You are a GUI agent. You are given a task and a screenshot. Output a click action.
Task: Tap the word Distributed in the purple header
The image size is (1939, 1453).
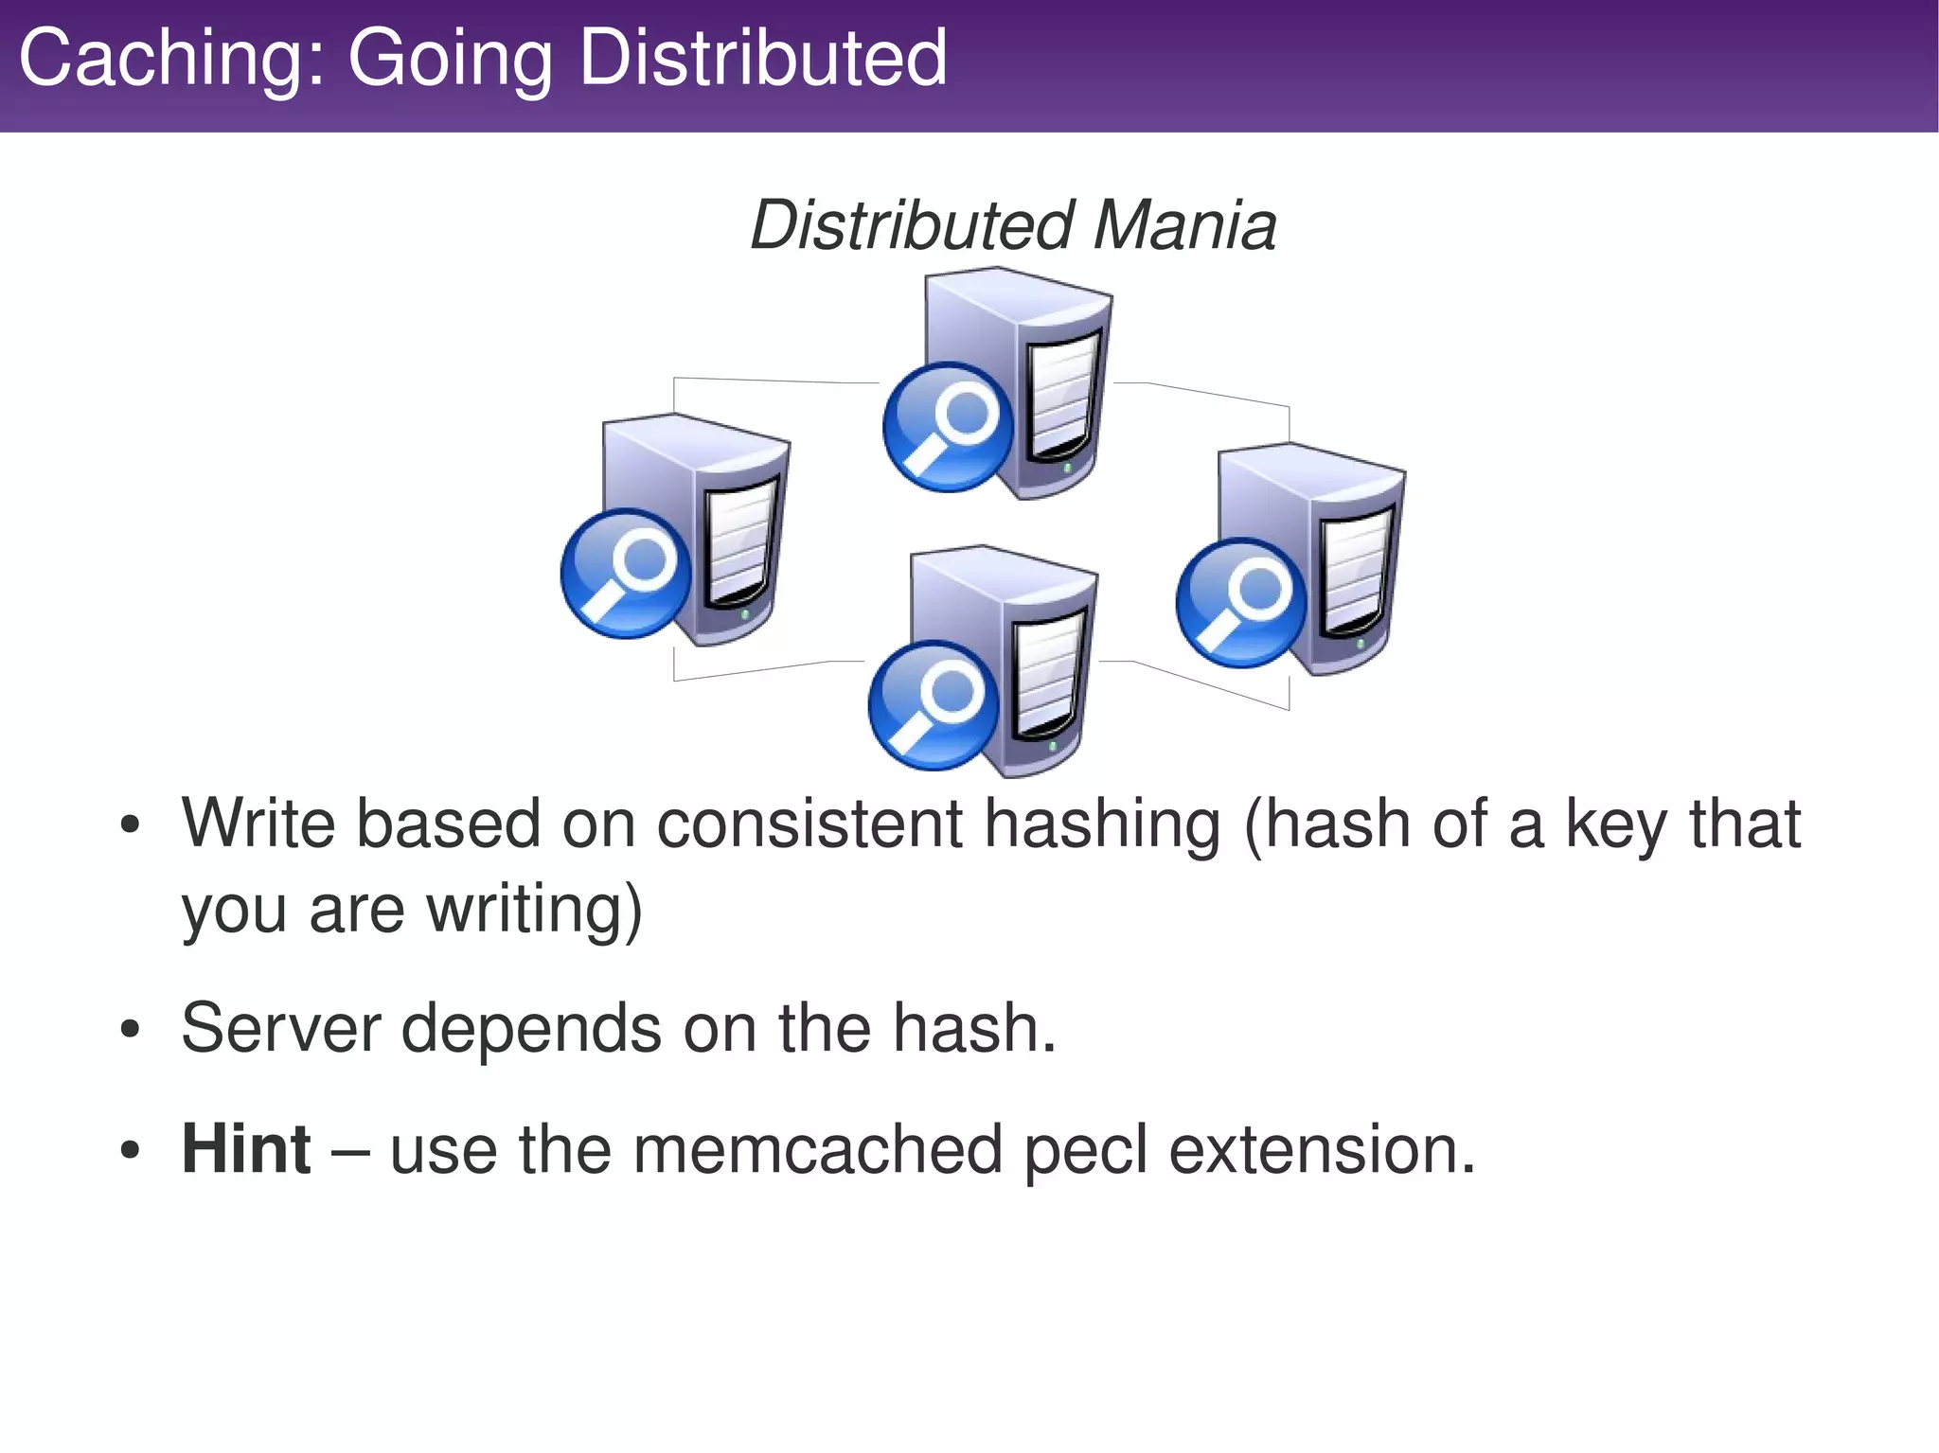pyautogui.click(x=762, y=59)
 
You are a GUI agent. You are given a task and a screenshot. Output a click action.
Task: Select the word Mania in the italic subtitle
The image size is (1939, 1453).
pyautogui.click(x=1185, y=226)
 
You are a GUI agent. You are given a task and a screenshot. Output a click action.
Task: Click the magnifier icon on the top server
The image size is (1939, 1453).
pyautogui.click(x=948, y=427)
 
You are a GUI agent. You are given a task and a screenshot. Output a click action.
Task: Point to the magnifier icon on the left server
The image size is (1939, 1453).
pyautogui.click(x=626, y=574)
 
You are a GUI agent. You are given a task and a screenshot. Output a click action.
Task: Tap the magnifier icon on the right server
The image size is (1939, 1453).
pyautogui.click(x=1241, y=602)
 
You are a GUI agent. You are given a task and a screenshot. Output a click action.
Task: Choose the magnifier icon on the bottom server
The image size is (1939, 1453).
pyautogui.click(x=934, y=705)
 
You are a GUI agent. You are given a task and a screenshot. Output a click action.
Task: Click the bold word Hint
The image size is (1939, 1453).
pyautogui.click(x=246, y=1149)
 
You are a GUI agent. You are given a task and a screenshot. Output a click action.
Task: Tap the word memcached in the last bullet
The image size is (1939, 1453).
pyautogui.click(x=817, y=1149)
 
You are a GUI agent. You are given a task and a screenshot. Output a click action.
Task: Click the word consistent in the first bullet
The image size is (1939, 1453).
pyautogui.click(x=809, y=824)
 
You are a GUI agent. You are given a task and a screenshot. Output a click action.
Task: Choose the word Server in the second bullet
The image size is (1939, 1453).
pyautogui.click(x=280, y=1028)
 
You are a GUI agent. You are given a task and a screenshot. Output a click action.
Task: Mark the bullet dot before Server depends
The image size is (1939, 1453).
pyautogui.click(x=131, y=1030)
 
